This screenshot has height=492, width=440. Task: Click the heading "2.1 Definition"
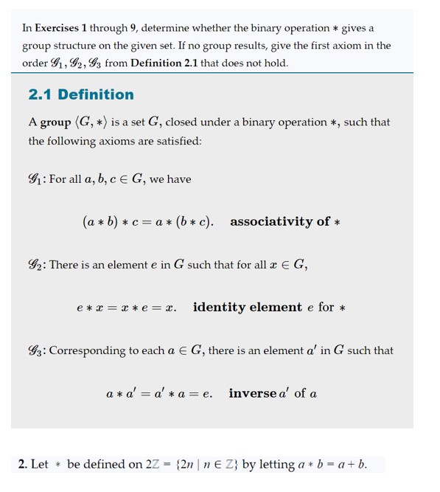click(x=81, y=94)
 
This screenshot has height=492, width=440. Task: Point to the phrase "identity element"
click(x=247, y=307)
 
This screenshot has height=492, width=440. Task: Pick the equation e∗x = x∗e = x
click(x=126, y=308)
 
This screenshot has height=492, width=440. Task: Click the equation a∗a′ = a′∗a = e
click(x=159, y=394)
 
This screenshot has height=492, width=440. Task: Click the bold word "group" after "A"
click(x=55, y=122)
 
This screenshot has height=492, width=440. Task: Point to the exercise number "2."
click(x=23, y=465)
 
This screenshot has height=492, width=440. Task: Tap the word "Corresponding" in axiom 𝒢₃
click(x=88, y=351)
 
